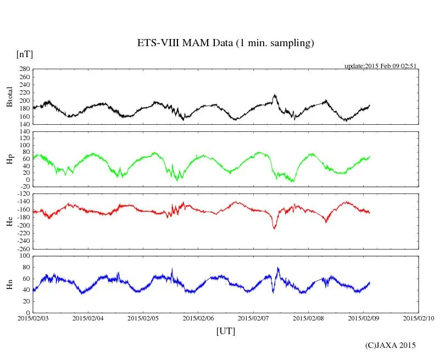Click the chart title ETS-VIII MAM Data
[x=225, y=43]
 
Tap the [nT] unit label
[x=24, y=54]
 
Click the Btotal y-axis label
[x=9, y=96]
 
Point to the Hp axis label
[x=9, y=159]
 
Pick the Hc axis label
[x=9, y=221]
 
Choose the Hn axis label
[x=9, y=284]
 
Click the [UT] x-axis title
[x=225, y=331]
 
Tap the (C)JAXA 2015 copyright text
[x=391, y=345]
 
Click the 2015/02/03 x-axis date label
[x=33, y=318]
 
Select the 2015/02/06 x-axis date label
[x=198, y=318]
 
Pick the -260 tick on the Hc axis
[x=23, y=248]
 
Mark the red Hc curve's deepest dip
[x=274, y=228]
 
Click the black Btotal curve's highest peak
[x=274, y=95]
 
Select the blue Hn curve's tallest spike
[x=278, y=268]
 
